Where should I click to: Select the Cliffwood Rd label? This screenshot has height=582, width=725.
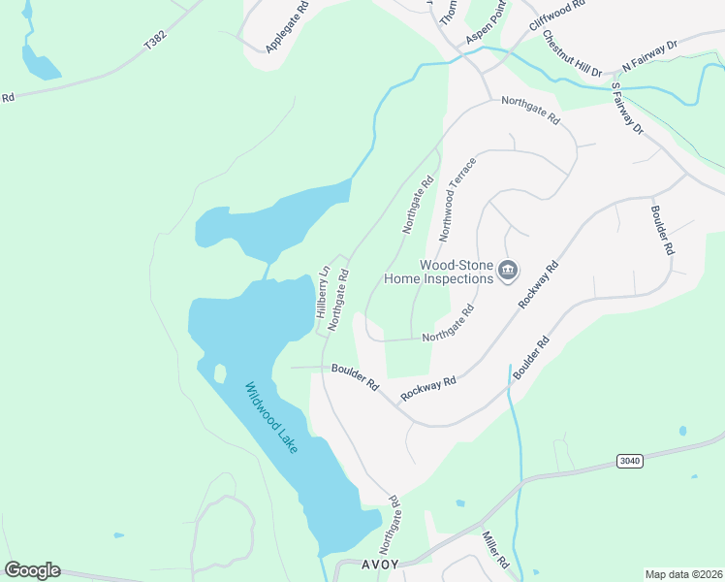tap(558, 17)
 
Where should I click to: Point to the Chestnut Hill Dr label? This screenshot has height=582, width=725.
tap(572, 53)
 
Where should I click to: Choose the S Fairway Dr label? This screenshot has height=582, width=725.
tap(627, 108)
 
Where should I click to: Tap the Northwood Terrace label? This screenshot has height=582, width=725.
tap(457, 199)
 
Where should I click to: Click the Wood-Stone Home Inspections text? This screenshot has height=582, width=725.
tap(439, 272)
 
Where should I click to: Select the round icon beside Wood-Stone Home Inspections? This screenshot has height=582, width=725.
tap(509, 272)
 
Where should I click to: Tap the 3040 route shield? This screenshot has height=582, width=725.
tap(629, 461)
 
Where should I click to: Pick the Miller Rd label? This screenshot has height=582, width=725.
tap(495, 549)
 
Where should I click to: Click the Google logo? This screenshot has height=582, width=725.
tap(32, 570)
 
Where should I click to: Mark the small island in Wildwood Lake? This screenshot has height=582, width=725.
tap(220, 372)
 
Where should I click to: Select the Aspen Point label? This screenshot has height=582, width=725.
tap(488, 22)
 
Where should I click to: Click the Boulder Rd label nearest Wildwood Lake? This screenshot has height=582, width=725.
tap(355, 376)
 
